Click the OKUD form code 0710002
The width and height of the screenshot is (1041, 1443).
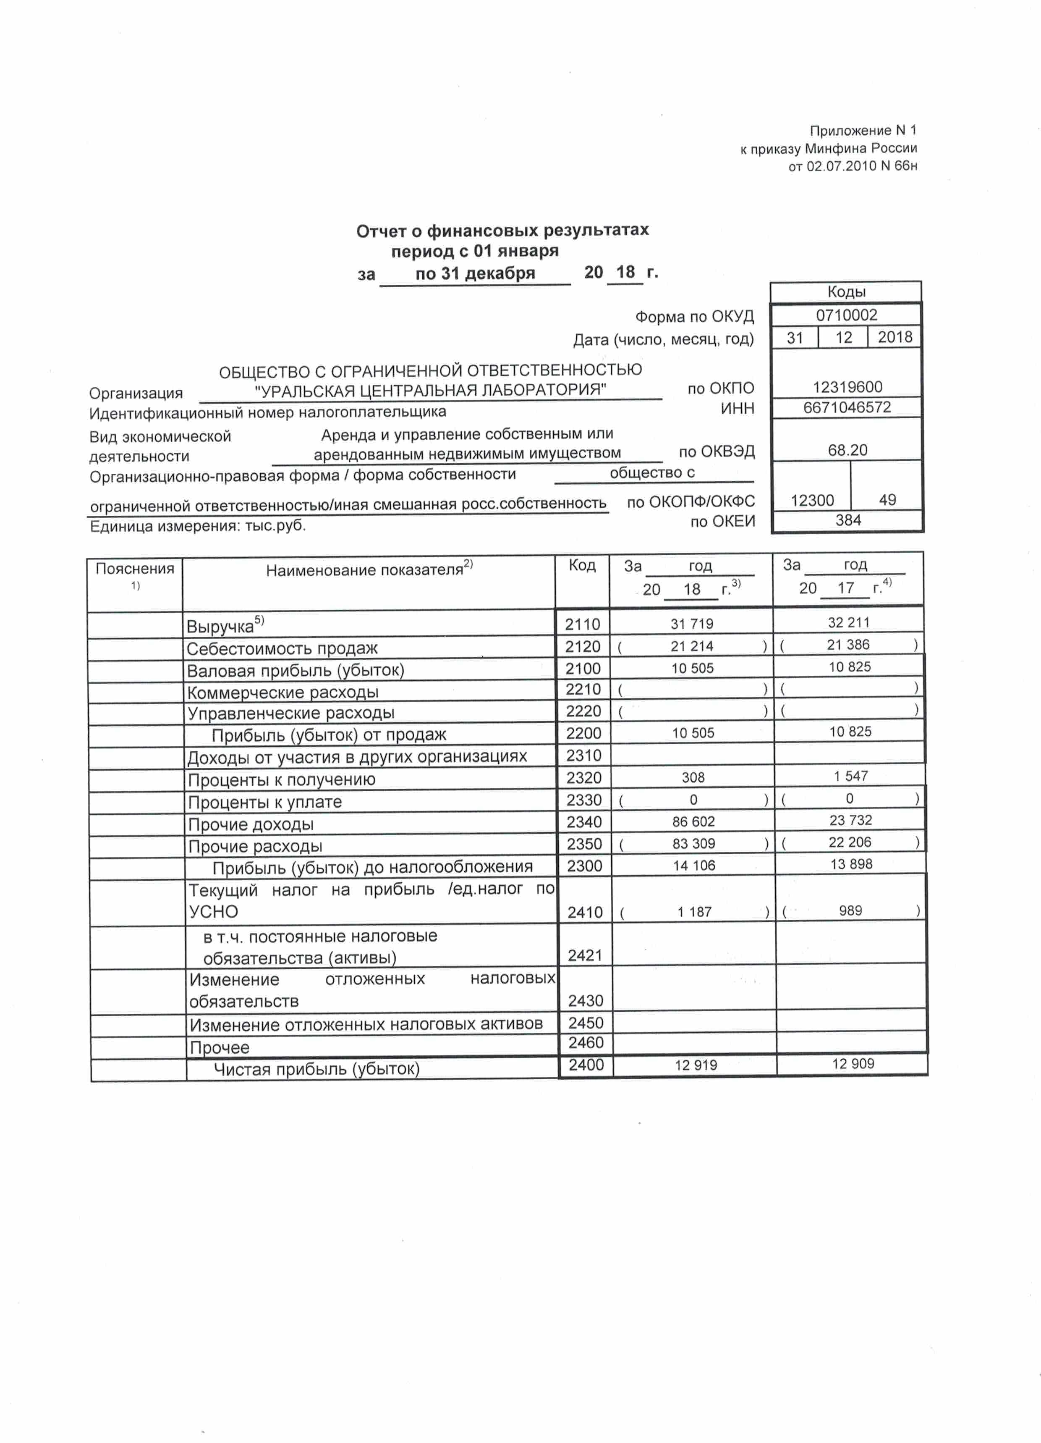click(x=846, y=315)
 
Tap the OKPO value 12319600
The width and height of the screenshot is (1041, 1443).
click(x=847, y=387)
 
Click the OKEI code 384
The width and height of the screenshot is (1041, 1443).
click(x=847, y=520)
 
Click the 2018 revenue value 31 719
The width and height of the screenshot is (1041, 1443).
click(x=691, y=624)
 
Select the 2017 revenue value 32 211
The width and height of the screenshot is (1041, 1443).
click(x=848, y=622)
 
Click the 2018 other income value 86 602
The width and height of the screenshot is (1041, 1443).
click(x=693, y=821)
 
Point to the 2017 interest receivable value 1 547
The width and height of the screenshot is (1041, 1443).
click(x=851, y=776)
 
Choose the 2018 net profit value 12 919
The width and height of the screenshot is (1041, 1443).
click(x=696, y=1065)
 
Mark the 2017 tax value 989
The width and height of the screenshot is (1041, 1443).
click(x=850, y=910)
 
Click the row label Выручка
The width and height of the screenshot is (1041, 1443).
click(x=220, y=627)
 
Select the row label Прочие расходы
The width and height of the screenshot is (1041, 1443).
click(x=255, y=847)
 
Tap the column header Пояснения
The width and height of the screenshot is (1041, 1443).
click(x=135, y=569)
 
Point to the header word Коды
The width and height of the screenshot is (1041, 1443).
click(x=846, y=292)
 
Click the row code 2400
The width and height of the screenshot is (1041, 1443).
click(x=586, y=1065)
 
